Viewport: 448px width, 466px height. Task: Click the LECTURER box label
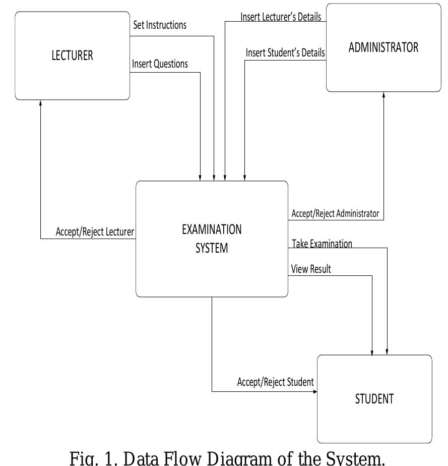(x=72, y=55)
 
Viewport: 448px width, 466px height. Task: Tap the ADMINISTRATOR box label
(x=383, y=47)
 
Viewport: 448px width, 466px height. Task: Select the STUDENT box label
(x=374, y=399)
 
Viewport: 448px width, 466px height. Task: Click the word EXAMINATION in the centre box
(x=212, y=229)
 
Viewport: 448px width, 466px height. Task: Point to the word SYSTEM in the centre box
(x=212, y=248)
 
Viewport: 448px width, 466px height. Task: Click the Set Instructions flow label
(x=160, y=25)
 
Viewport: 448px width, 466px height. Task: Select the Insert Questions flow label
(x=160, y=64)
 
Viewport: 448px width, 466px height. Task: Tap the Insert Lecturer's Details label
(x=281, y=17)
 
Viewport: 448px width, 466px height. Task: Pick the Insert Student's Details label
(x=285, y=52)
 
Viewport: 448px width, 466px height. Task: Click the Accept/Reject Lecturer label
(x=95, y=232)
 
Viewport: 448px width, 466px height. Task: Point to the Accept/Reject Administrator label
(x=335, y=213)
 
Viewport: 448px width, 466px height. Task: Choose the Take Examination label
(x=322, y=244)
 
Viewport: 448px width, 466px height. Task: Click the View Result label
(x=311, y=269)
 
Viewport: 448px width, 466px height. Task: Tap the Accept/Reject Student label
(x=275, y=382)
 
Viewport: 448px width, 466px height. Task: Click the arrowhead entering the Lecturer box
(x=41, y=103)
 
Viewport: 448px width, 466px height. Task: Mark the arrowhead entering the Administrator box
(x=383, y=95)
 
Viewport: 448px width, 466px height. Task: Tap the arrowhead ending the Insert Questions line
(x=200, y=178)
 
